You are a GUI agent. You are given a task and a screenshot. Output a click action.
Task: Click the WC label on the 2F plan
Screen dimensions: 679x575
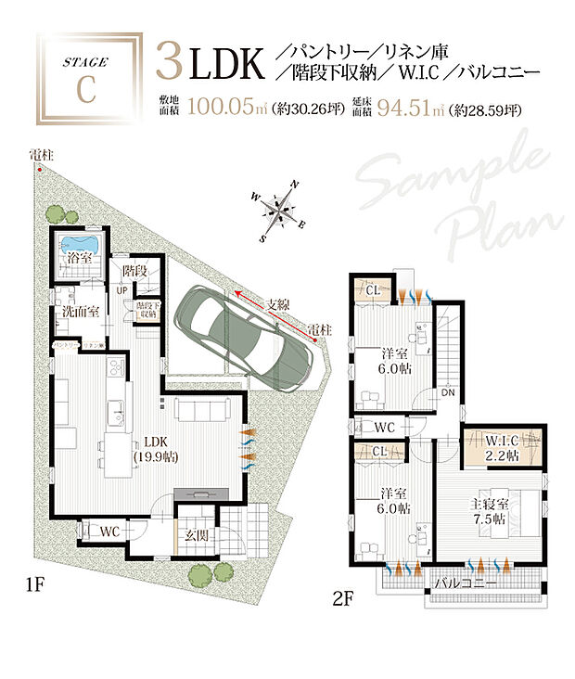[386, 428]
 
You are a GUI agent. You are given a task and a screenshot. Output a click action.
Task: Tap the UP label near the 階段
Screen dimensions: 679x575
[121, 291]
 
